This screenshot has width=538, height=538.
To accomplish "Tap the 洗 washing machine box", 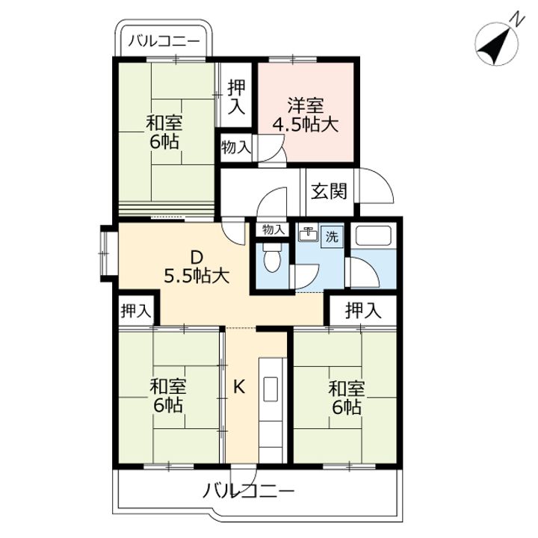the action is click(x=332, y=236).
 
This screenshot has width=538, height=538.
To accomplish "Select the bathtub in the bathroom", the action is click(x=374, y=235).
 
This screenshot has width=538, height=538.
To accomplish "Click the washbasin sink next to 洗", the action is click(x=309, y=233).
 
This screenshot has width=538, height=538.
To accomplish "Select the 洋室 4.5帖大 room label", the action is click(x=306, y=115).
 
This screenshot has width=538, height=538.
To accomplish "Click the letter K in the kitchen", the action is click(x=239, y=387).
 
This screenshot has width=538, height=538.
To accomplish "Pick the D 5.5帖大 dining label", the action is click(x=197, y=266).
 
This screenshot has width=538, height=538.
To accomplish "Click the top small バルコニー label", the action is click(x=164, y=41).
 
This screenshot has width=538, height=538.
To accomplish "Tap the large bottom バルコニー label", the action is click(x=248, y=492).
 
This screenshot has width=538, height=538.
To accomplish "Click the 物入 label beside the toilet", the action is click(x=273, y=229).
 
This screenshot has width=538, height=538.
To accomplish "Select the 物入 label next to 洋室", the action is click(x=236, y=148).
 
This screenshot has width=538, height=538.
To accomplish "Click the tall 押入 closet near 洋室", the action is click(x=236, y=96).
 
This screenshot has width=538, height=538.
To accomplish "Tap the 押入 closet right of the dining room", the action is click(x=363, y=310).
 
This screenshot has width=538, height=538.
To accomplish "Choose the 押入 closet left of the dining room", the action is click(x=136, y=311).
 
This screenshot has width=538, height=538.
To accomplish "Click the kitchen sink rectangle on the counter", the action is click(x=270, y=389).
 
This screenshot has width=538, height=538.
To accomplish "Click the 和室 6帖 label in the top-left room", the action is click(x=164, y=132).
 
